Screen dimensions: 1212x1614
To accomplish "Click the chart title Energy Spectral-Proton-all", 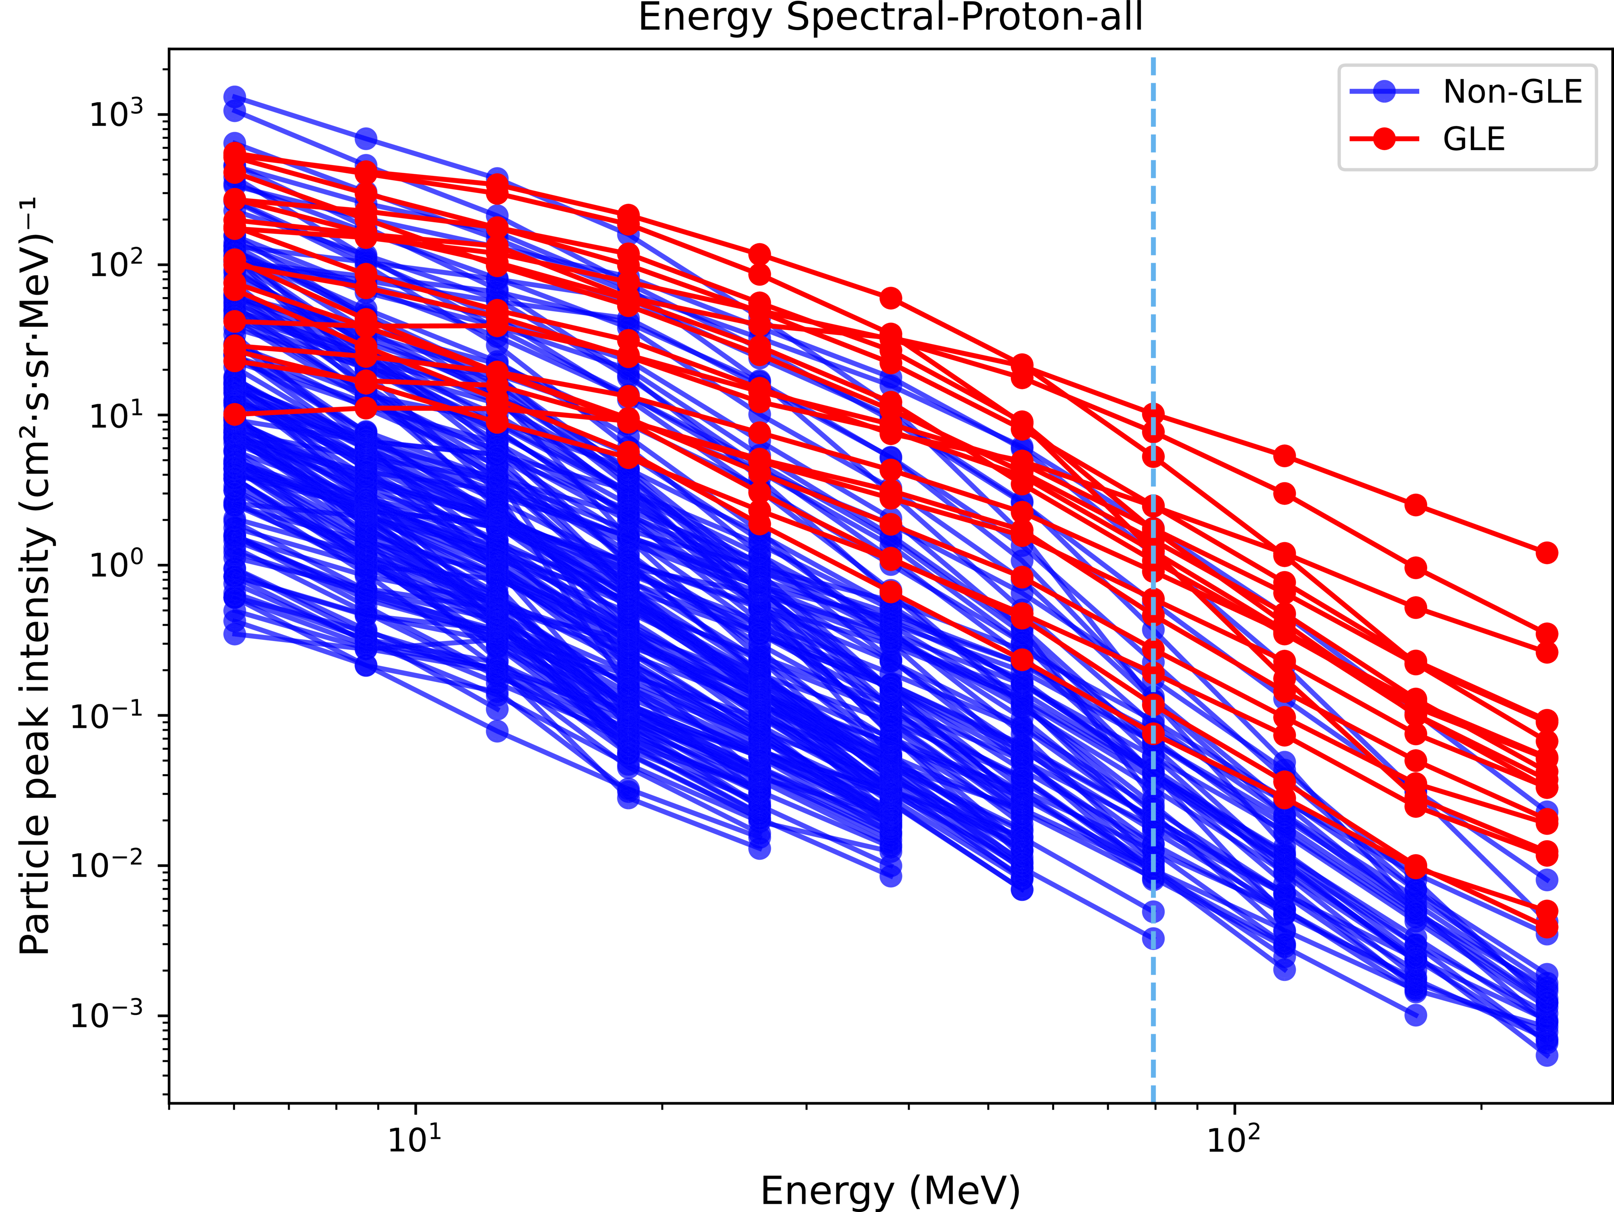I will (890, 18).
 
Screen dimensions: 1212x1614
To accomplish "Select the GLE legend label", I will (1474, 139).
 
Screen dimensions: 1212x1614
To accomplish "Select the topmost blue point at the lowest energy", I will (234, 96).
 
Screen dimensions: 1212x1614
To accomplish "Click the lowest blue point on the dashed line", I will (1153, 939).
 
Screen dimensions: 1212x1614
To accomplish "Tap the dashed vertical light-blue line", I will (1153, 1022).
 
